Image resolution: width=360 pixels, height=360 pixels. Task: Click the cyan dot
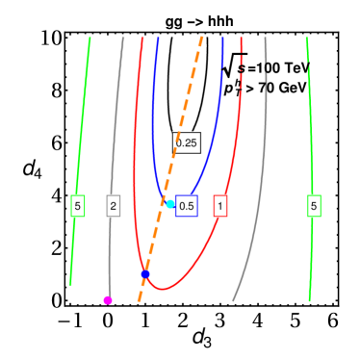[x=170, y=203]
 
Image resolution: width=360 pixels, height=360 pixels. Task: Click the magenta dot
[x=108, y=300]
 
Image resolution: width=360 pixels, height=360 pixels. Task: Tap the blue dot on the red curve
[x=144, y=274]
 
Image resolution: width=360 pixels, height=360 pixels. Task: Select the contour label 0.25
[x=187, y=142]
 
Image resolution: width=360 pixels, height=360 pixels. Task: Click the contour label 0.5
[x=187, y=205]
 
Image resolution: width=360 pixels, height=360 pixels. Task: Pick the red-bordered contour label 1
[x=220, y=205]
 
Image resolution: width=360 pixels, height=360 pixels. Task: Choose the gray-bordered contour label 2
[x=114, y=205]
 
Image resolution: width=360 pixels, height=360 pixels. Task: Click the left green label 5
[x=78, y=205]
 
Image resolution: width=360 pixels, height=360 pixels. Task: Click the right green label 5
[x=314, y=205]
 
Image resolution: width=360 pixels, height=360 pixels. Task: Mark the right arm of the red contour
[x=236, y=144]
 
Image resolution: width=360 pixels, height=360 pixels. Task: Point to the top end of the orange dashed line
[x=202, y=39]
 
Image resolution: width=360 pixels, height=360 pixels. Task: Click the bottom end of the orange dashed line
[x=139, y=300]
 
